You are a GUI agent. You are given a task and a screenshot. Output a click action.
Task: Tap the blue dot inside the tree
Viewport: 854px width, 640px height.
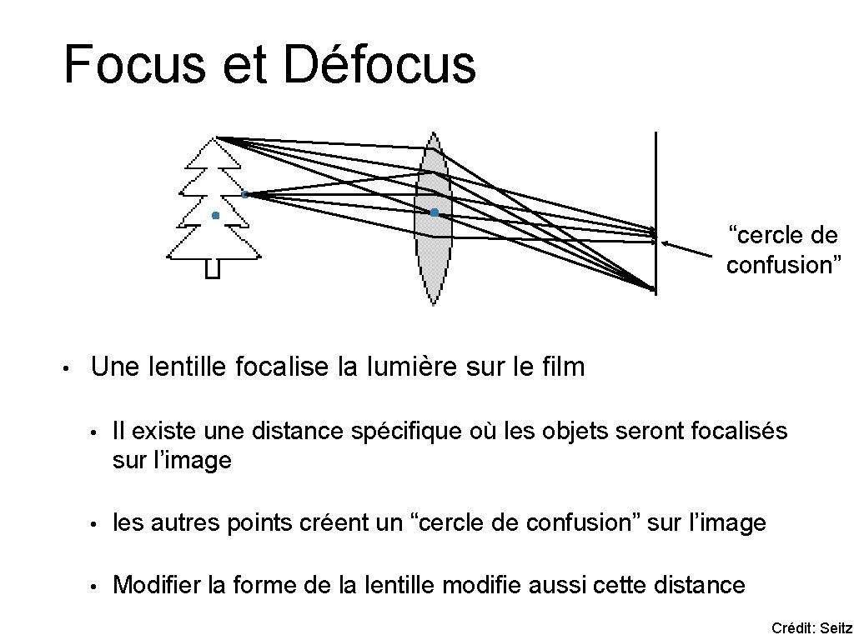tap(215, 216)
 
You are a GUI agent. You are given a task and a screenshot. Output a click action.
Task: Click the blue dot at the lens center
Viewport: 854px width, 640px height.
tap(435, 213)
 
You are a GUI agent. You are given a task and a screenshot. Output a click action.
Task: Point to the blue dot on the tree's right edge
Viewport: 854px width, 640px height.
tap(244, 194)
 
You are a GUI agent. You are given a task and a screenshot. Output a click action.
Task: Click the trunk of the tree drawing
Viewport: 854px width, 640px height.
tap(213, 268)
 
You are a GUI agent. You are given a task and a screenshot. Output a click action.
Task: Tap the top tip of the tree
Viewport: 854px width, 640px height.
tap(216, 138)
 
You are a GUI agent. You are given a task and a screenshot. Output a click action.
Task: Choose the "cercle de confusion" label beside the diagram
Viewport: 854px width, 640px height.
tap(783, 250)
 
